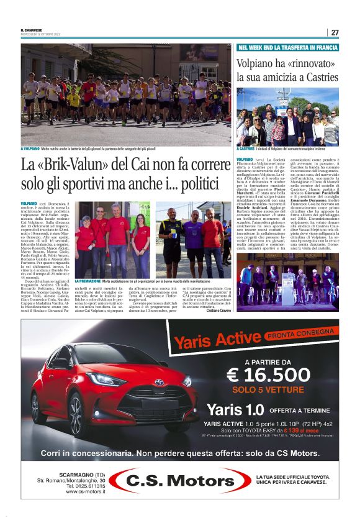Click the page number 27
point(335,32)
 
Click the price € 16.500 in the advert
point(268,373)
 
